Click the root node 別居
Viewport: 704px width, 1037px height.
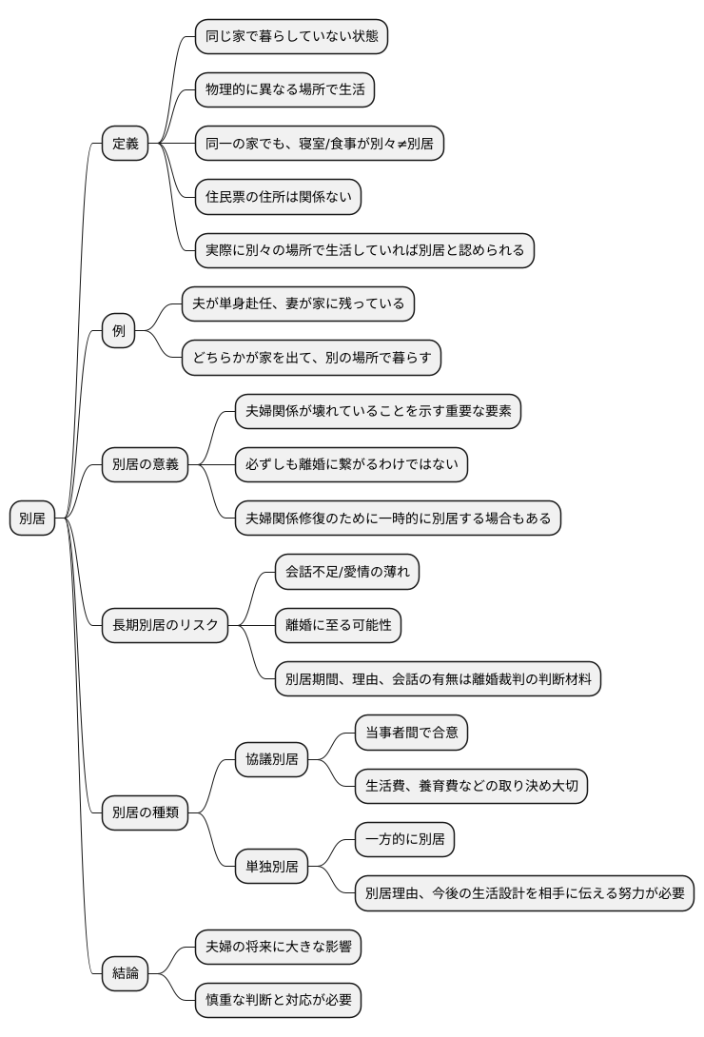click(32, 518)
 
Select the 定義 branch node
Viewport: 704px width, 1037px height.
click(125, 144)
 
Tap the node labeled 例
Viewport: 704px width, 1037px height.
click(118, 331)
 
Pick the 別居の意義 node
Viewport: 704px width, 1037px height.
click(145, 465)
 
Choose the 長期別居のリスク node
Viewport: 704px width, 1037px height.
click(165, 625)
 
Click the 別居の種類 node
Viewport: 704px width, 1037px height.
click(145, 812)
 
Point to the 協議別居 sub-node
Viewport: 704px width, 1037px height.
click(272, 759)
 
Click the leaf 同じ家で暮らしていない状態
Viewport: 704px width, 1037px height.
click(291, 37)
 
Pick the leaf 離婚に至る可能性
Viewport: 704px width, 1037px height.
click(338, 625)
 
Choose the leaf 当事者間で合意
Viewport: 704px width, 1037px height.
click(411, 733)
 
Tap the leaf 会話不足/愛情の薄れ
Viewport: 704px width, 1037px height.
click(346, 572)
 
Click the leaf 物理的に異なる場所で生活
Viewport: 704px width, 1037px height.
click(284, 90)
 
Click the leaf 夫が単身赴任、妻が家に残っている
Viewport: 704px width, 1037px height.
click(298, 304)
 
